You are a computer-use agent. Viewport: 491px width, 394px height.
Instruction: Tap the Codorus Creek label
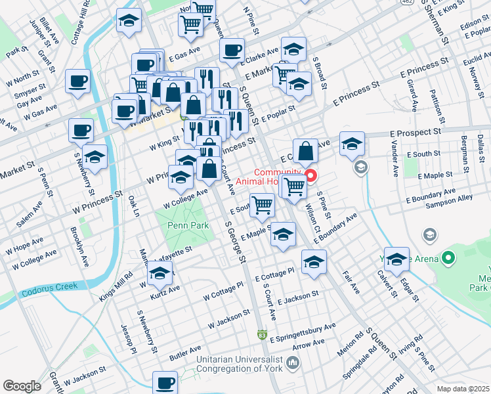point(49,287)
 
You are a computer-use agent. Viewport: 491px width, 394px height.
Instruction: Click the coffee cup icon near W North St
point(78,81)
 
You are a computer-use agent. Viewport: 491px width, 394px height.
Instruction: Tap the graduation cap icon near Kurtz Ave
point(160,275)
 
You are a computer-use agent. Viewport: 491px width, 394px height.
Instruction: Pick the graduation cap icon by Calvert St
point(396,260)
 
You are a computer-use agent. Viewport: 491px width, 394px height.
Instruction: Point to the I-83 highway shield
point(262,336)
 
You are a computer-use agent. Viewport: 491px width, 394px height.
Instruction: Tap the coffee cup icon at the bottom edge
point(165,383)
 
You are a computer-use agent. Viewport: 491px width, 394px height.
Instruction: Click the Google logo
point(22,386)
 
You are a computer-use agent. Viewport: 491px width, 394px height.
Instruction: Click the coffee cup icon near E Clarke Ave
point(231,51)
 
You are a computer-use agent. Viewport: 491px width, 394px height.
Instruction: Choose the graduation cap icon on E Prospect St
point(352,143)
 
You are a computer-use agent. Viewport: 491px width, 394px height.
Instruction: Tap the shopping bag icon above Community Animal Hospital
point(305,152)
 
